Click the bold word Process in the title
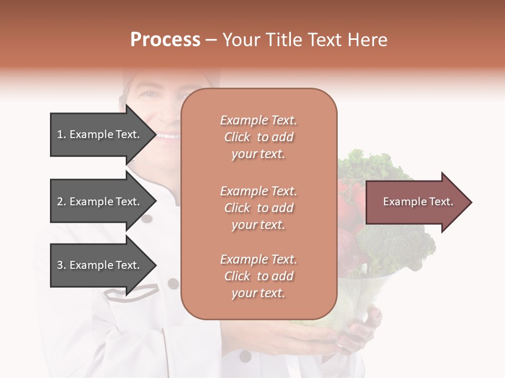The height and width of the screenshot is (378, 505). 165,40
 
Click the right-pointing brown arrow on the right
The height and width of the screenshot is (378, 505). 418,202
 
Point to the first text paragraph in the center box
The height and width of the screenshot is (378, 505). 258,137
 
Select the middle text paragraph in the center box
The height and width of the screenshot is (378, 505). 258,208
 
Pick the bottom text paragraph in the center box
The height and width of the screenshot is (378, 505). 258,276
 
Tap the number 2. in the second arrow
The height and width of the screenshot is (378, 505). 62,202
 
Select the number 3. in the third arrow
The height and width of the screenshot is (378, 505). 62,265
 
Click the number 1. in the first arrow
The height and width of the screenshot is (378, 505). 61,134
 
